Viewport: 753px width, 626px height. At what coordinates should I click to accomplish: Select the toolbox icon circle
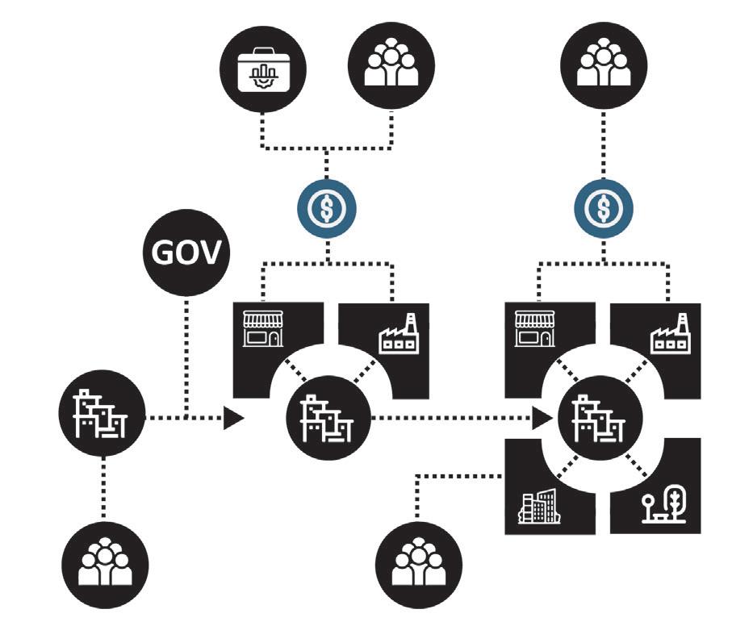pyautogui.click(x=261, y=72)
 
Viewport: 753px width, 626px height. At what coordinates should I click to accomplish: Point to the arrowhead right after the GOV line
pyautogui.click(x=232, y=418)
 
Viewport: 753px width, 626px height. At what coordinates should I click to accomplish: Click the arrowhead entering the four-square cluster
pyautogui.click(x=542, y=418)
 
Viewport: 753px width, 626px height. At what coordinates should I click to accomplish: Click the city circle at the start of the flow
pyautogui.click(x=102, y=416)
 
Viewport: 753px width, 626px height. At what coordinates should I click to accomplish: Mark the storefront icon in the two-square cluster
pyautogui.click(x=265, y=329)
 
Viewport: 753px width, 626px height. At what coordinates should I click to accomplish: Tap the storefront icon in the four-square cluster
pyautogui.click(x=538, y=329)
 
